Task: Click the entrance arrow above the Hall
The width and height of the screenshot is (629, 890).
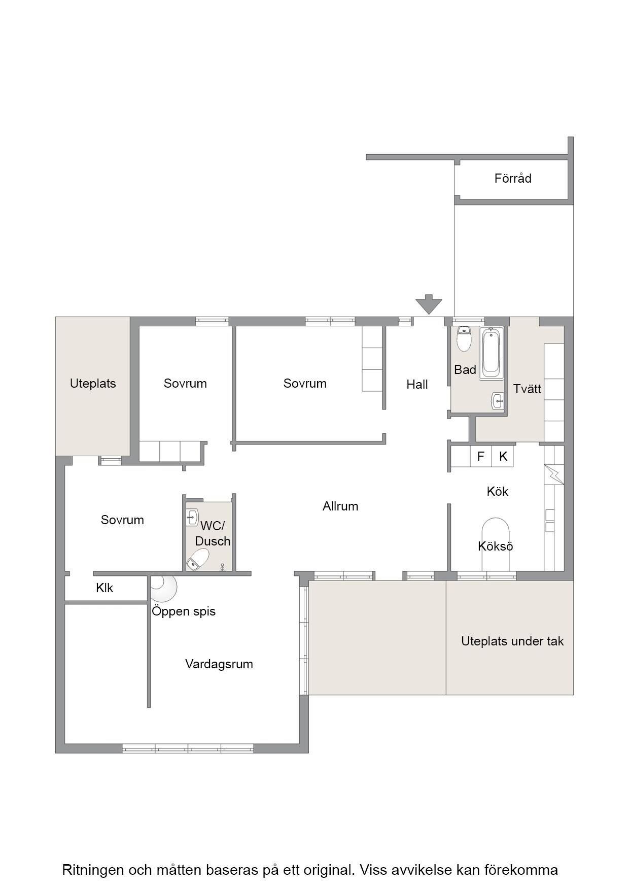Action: [x=429, y=304]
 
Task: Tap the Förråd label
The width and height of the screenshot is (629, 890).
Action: [x=513, y=179]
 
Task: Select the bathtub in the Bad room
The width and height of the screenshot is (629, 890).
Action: [x=492, y=353]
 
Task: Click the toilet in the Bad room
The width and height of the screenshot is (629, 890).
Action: [x=464, y=338]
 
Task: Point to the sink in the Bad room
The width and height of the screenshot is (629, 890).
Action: [x=498, y=401]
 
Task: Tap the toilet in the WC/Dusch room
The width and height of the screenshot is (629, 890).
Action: [x=197, y=559]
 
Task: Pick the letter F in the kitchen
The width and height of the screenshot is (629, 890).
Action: [x=481, y=457]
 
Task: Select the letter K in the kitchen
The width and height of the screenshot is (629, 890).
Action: [x=503, y=457]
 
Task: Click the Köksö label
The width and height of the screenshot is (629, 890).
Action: [x=496, y=546]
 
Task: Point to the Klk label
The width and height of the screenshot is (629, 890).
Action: [x=104, y=588]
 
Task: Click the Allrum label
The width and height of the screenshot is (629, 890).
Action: [x=340, y=506]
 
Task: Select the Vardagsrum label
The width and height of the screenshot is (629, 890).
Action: [x=219, y=664]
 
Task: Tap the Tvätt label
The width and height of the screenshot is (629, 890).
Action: [x=527, y=389]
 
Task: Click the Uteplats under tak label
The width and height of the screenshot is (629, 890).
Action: [x=512, y=641]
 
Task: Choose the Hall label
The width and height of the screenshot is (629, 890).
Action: [x=417, y=385]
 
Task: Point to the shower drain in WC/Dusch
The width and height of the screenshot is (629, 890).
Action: [x=222, y=567]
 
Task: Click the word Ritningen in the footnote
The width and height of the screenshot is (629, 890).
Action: [x=93, y=870]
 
